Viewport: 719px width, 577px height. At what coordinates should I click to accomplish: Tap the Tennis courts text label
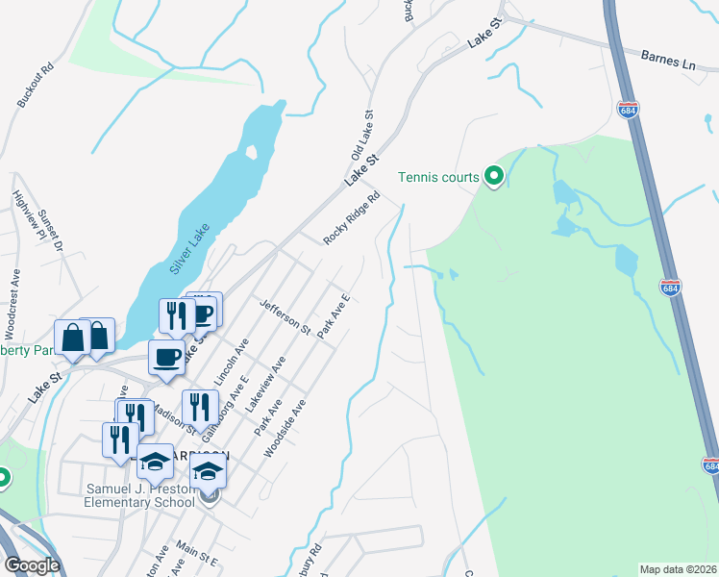[439, 176]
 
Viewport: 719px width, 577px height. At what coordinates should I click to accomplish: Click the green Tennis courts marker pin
[494, 175]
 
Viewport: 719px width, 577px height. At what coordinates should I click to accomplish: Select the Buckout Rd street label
[34, 88]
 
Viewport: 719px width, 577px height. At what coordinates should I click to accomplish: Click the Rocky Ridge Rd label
[353, 217]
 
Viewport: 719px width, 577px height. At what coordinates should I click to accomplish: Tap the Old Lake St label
[362, 135]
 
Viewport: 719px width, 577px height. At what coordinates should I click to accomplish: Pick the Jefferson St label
[285, 316]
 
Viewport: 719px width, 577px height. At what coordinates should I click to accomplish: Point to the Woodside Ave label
[284, 428]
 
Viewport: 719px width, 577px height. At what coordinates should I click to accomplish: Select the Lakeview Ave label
[265, 384]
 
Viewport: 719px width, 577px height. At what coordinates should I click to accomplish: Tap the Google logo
[32, 565]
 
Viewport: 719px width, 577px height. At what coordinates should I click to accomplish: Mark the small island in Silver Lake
[252, 152]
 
